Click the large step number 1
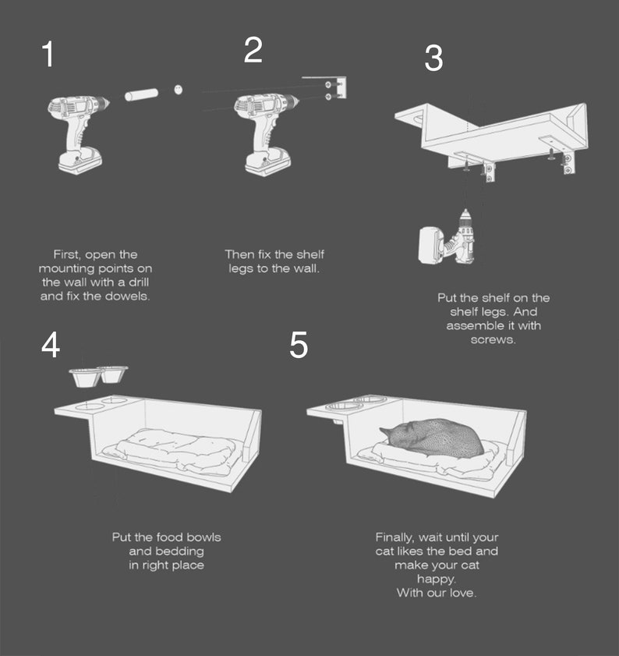pyautogui.click(x=48, y=54)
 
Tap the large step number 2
pyautogui.click(x=253, y=50)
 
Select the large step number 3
pyautogui.click(x=433, y=59)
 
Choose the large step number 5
pyautogui.click(x=299, y=345)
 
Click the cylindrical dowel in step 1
pyautogui.click(x=141, y=94)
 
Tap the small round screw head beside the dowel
pyautogui.click(x=179, y=90)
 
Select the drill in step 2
pyautogui.click(x=266, y=134)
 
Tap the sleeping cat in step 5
pyautogui.click(x=432, y=437)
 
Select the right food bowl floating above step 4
pyautogui.click(x=113, y=374)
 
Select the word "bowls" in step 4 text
pyautogui.click(x=203, y=537)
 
